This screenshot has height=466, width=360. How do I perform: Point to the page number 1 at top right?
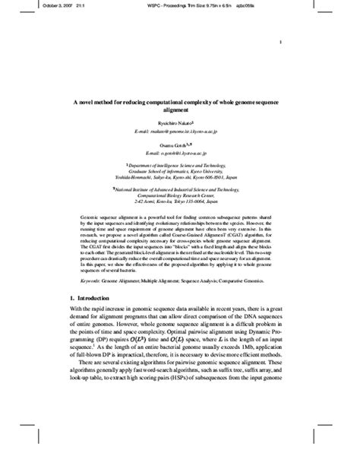(280, 43)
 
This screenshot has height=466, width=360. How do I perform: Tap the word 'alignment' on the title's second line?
(179, 109)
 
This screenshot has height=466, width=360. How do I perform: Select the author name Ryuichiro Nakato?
(179, 122)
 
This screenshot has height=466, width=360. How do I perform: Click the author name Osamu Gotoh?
(179, 144)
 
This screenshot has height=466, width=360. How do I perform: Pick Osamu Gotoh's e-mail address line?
(179, 152)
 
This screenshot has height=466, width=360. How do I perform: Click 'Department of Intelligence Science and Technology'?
(180, 163)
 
